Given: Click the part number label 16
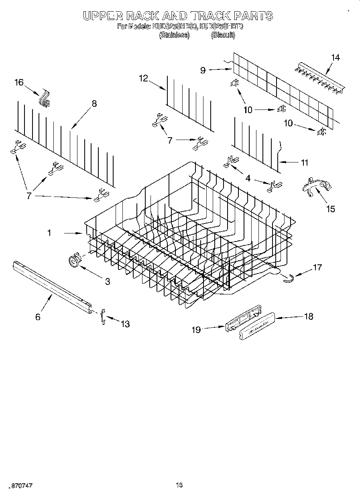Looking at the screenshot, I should pos(19,82).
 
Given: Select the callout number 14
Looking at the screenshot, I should pos(335,57).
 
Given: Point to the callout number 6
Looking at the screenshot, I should pos(38,317).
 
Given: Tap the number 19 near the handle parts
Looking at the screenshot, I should pos(196,329).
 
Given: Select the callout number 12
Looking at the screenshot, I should pos(143,78).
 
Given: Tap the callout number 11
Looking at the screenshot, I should pos(305,162).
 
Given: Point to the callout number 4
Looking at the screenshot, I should pos(248,178).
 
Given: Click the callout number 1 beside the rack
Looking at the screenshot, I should pos(49,232).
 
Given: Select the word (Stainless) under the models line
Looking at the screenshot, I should pos(174,35).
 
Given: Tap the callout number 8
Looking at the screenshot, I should pos(94,103).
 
